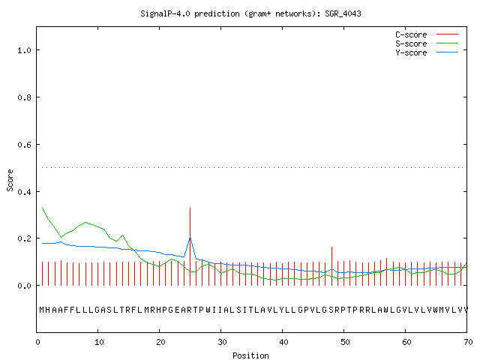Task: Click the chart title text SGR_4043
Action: (x=343, y=13)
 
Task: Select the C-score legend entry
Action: (x=427, y=34)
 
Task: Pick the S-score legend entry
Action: (x=427, y=43)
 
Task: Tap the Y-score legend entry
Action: (x=427, y=52)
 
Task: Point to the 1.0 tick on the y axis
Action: (x=24, y=50)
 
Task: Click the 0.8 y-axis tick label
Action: (x=24, y=97)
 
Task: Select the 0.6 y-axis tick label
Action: (x=24, y=145)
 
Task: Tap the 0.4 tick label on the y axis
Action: (x=24, y=192)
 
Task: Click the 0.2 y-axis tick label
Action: (x=24, y=238)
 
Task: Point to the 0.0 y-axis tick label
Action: (x=24, y=286)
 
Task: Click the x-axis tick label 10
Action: (x=99, y=342)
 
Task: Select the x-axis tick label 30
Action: (x=222, y=342)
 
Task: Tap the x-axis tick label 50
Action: (x=345, y=342)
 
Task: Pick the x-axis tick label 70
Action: (x=468, y=342)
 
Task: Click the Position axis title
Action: (x=250, y=355)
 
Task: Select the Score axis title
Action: (x=10, y=180)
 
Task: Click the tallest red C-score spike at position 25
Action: (x=190, y=247)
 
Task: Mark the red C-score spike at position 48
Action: (x=331, y=266)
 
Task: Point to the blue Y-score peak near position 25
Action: (x=190, y=238)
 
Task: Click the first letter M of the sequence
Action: (x=42, y=310)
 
